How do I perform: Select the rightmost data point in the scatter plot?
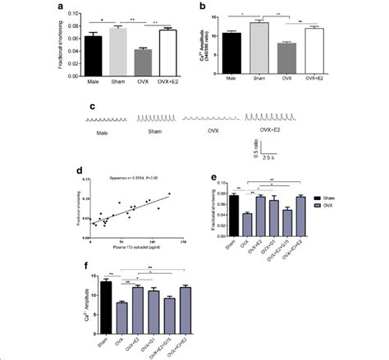169,194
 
